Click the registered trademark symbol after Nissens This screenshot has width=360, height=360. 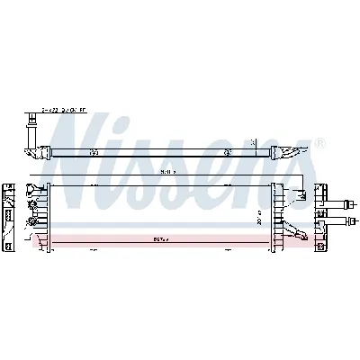pyautogui.click(x=321, y=142)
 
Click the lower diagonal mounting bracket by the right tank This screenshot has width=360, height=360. pyautogui.click(x=292, y=235)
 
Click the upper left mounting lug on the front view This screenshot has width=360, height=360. pyautogui.click(x=37, y=189)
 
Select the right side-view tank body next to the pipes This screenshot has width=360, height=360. pyautogui.click(x=320, y=216)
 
